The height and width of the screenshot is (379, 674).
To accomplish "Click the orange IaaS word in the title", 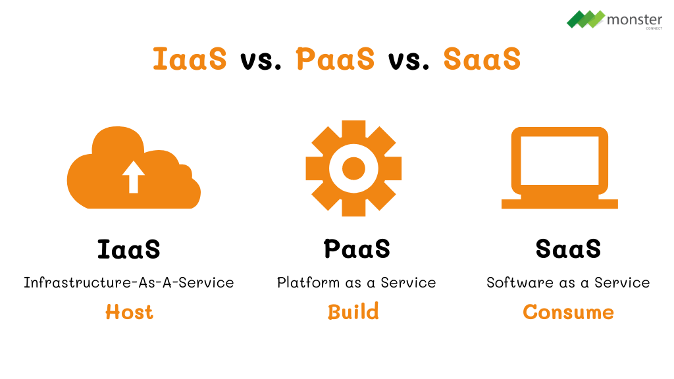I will [190, 59].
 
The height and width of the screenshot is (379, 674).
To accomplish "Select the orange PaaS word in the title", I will [335, 59].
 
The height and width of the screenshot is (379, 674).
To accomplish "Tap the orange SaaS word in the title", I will [482, 59].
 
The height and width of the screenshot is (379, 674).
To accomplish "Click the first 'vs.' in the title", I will [261, 60].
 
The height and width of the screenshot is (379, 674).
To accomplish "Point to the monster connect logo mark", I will [585, 19].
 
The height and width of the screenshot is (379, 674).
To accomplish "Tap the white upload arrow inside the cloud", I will [134, 176].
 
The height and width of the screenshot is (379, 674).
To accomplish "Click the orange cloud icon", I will [99, 184].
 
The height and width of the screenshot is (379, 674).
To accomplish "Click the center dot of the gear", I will [353, 168].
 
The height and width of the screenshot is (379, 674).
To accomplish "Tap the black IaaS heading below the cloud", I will [129, 249].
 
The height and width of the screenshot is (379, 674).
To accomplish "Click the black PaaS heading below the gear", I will [357, 249].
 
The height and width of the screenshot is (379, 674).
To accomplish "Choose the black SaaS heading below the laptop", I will [568, 249].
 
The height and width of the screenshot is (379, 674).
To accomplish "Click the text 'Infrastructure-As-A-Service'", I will [129, 283].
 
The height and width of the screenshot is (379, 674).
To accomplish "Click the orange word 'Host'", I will [129, 312].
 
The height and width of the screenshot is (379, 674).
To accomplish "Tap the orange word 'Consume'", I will [568, 312].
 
